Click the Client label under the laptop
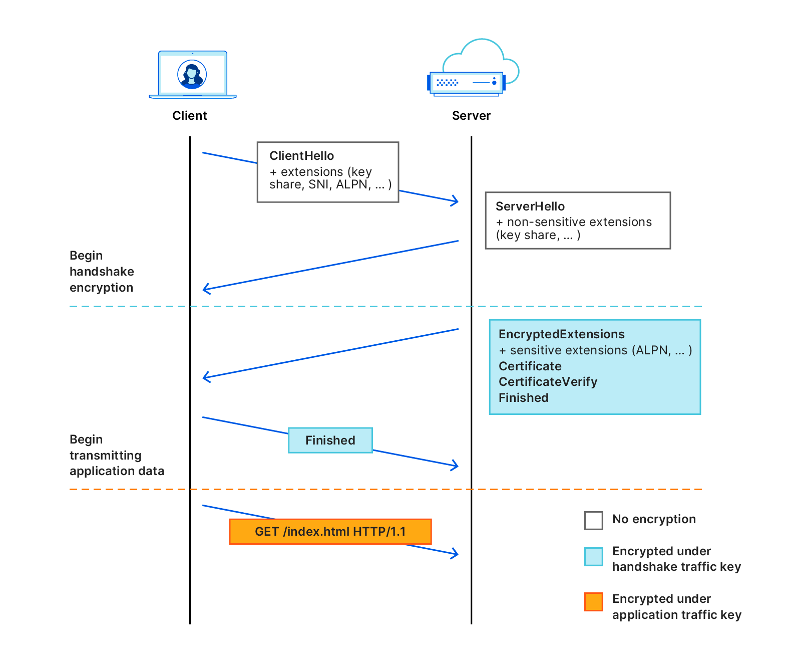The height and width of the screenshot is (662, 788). pyautogui.click(x=189, y=116)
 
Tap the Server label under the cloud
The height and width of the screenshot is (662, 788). pyautogui.click(x=471, y=116)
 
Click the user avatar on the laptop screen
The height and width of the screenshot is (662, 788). pyautogui.click(x=192, y=75)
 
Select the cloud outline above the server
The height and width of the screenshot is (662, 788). pyautogui.click(x=481, y=50)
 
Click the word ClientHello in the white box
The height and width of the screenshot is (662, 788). pyautogui.click(x=301, y=156)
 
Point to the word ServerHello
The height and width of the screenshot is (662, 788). pyautogui.click(x=530, y=206)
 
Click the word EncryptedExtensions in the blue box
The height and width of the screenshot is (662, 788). pyautogui.click(x=561, y=334)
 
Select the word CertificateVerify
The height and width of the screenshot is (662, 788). pyautogui.click(x=548, y=382)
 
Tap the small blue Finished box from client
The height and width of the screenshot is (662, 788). pyautogui.click(x=330, y=440)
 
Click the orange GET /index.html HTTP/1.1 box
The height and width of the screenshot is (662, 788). pyautogui.click(x=330, y=532)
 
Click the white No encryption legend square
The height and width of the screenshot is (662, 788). pyautogui.click(x=593, y=520)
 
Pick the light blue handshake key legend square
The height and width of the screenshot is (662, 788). pyautogui.click(x=593, y=557)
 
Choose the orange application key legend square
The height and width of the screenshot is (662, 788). pyautogui.click(x=593, y=601)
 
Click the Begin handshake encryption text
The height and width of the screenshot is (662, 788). pyautogui.click(x=102, y=272)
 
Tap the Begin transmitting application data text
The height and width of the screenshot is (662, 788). pyautogui.click(x=116, y=455)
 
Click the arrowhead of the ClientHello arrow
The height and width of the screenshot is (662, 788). pyautogui.click(x=456, y=201)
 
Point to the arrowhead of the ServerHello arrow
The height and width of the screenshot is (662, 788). pyautogui.click(x=205, y=289)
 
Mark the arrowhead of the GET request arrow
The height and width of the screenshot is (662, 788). pyautogui.click(x=456, y=554)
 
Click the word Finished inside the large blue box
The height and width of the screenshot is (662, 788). pyautogui.click(x=523, y=398)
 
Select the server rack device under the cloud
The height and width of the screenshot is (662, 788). pyautogui.click(x=466, y=83)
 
